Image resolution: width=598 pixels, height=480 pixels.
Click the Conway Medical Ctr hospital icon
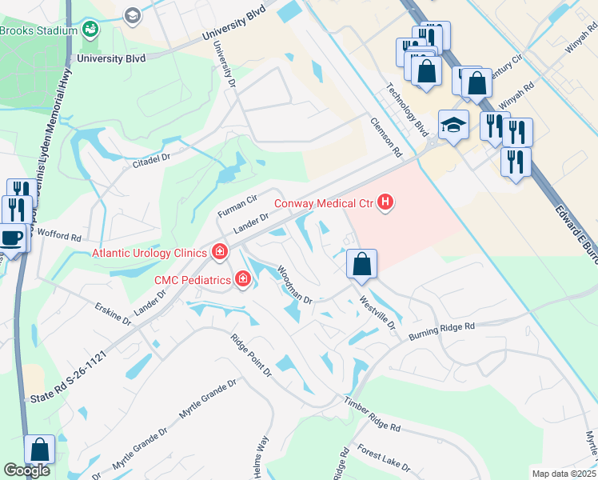(x=385, y=202)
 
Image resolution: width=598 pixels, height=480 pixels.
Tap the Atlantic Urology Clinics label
(x=149, y=253)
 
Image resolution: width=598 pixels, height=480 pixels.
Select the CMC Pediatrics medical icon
(x=241, y=279)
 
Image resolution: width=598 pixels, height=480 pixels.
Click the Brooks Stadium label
(x=38, y=30)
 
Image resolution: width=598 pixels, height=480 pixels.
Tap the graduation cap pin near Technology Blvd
(x=453, y=125)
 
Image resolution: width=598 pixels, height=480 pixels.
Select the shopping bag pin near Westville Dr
(x=361, y=263)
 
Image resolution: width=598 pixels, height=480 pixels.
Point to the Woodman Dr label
(x=294, y=285)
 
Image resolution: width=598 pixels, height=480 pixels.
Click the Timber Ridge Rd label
(x=372, y=414)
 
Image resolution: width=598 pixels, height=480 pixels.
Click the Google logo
(x=26, y=470)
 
